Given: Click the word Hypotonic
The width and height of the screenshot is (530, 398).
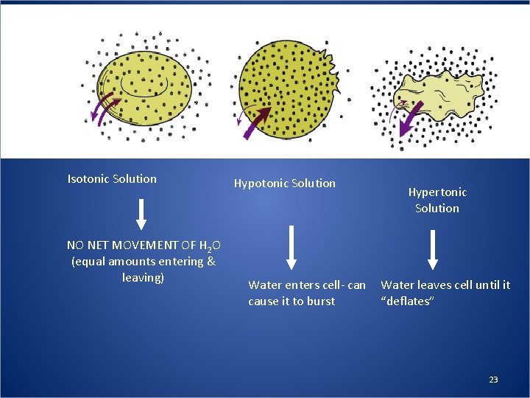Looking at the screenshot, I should click(x=261, y=183).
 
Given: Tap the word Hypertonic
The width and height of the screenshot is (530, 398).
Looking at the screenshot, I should click(x=437, y=192).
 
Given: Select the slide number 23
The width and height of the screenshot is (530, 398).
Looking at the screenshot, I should click(x=493, y=380).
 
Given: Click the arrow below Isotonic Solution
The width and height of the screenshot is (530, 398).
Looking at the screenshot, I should click(x=143, y=213).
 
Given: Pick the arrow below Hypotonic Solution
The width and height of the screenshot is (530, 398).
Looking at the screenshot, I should click(x=291, y=248).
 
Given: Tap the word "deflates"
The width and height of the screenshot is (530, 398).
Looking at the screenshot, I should click(x=408, y=301).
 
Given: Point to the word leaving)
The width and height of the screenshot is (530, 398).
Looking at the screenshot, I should click(x=143, y=277).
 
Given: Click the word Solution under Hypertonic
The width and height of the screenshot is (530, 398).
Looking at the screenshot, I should click(x=437, y=208).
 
